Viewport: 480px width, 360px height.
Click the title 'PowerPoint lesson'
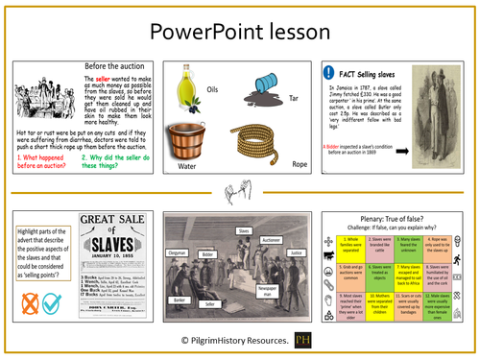(x=239, y=31)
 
